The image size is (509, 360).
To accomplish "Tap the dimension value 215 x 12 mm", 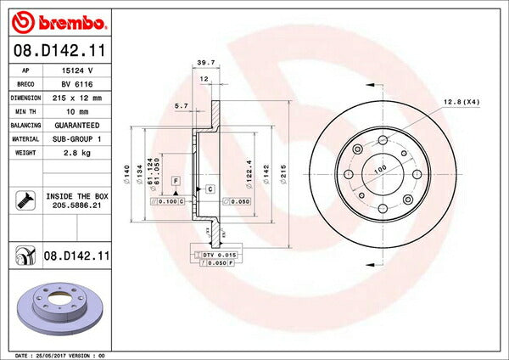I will click(x=76, y=98).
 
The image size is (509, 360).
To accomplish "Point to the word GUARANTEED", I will click(x=77, y=124).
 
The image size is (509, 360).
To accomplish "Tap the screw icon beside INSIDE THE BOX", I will click(x=24, y=201).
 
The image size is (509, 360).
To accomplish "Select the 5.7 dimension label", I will click(x=180, y=106).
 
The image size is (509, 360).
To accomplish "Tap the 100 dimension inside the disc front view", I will click(x=378, y=169).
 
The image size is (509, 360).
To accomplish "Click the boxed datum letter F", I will click(x=176, y=181).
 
